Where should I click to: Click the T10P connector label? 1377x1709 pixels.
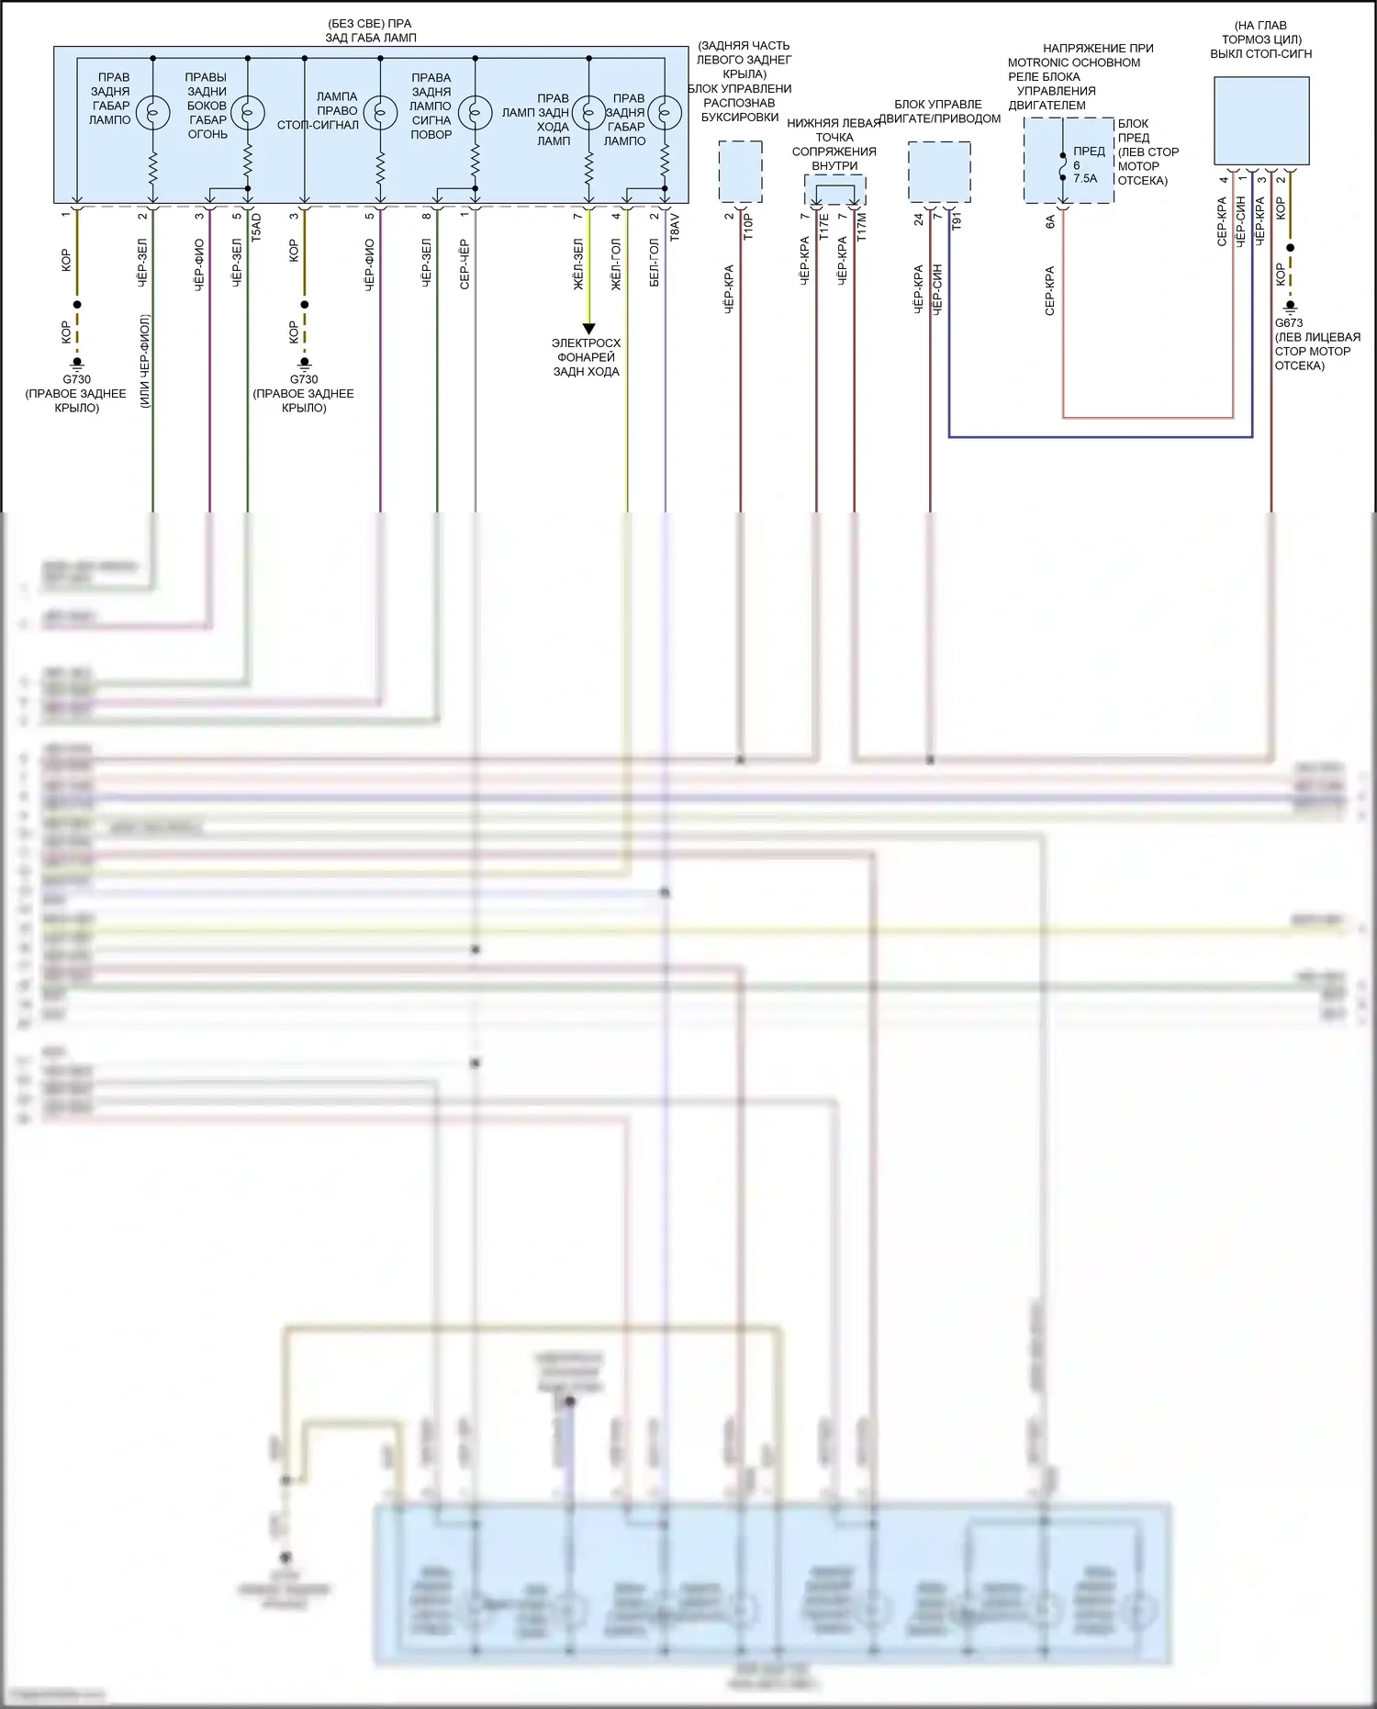click(x=748, y=227)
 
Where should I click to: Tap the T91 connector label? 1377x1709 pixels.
click(x=956, y=221)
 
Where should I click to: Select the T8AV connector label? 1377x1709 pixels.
click(x=675, y=227)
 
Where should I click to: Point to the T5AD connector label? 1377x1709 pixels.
click(x=256, y=227)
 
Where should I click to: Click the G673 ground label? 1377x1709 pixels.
click(x=1288, y=322)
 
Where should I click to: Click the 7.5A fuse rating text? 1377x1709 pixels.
click(x=1085, y=179)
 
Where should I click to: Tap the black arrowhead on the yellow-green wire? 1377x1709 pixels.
click(x=588, y=329)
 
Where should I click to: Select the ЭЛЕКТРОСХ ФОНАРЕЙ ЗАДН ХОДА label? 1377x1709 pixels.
click(x=586, y=357)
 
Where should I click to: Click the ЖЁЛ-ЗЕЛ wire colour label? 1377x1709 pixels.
click(x=578, y=264)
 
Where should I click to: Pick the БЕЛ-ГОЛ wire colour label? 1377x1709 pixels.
click(x=654, y=263)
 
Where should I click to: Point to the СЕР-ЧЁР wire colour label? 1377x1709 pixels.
click(x=465, y=264)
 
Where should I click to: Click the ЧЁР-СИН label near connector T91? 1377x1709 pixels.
click(x=937, y=289)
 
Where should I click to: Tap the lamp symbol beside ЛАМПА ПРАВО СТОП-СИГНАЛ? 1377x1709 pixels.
click(x=380, y=112)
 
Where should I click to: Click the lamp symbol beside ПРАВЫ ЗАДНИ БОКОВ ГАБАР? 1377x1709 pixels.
click(x=247, y=112)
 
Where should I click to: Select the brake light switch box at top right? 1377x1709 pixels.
click(x=1261, y=120)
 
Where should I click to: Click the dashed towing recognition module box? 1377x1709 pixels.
click(x=740, y=172)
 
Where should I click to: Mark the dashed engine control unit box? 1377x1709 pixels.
click(x=939, y=172)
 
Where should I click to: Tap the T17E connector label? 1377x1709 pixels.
click(x=823, y=227)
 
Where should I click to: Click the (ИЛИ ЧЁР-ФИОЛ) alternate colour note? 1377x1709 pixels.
click(x=144, y=361)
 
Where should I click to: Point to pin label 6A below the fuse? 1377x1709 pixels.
click(x=1050, y=221)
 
